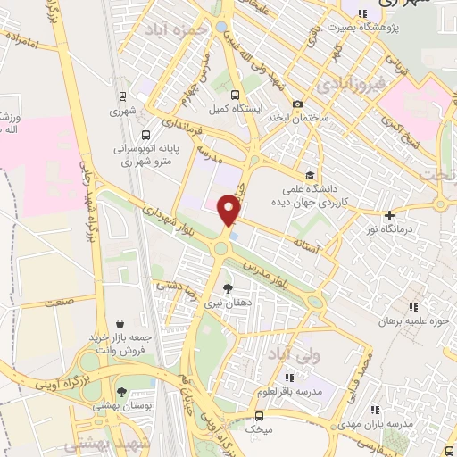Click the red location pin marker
pos(229,211)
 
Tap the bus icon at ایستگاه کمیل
pos(235,95)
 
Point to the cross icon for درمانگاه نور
pos(389,215)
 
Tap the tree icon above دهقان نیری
pos(228,287)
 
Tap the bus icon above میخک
pos(259,416)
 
